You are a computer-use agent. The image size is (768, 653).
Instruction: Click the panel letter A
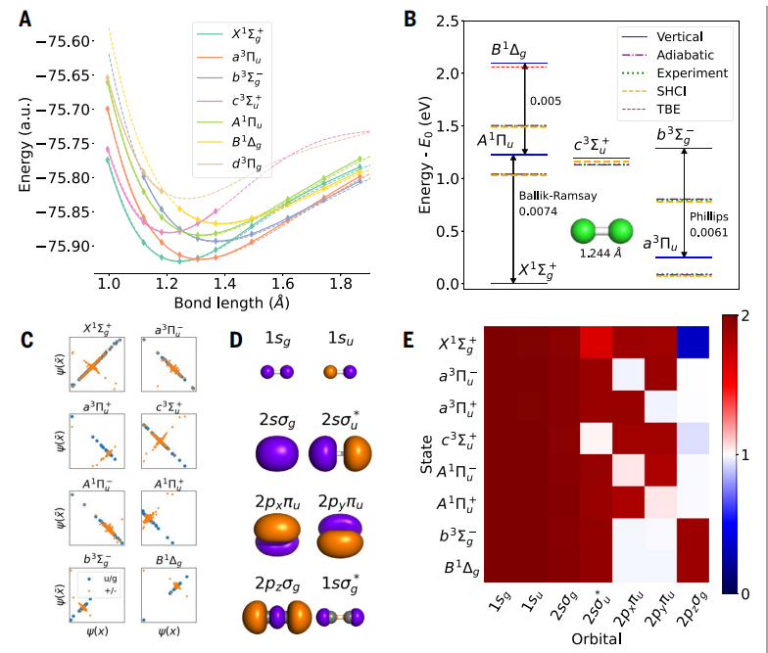23,19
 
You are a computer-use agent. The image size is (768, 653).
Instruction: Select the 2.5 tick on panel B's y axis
447,21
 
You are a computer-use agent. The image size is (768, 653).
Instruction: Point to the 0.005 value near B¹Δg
545,100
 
